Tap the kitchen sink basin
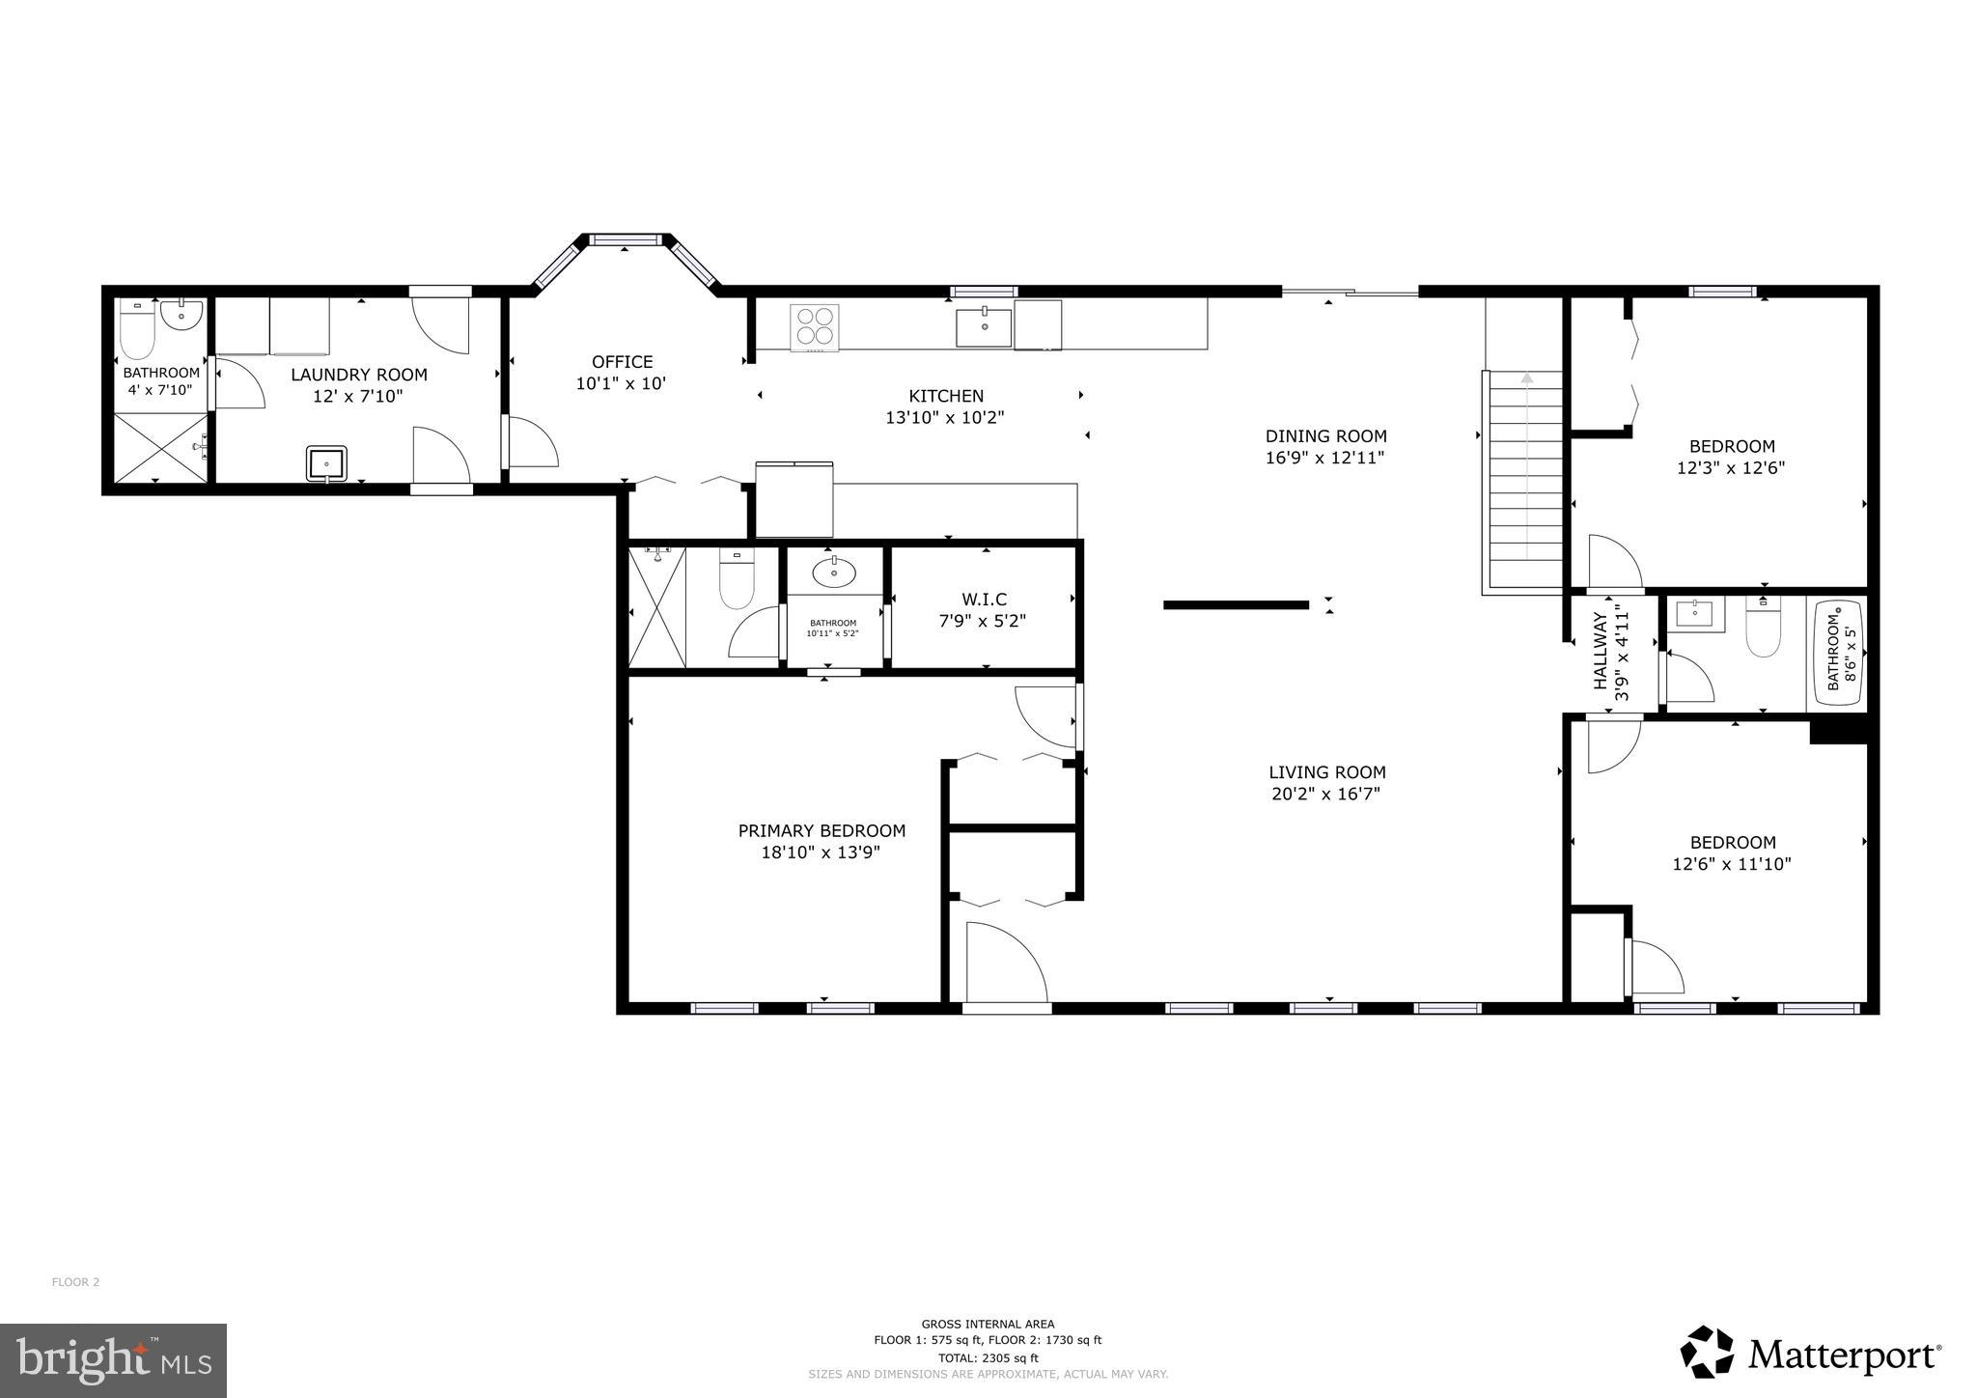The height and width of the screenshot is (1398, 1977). point(984,327)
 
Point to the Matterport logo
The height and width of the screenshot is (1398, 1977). point(1811,1356)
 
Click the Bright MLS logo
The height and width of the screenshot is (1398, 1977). point(113,1360)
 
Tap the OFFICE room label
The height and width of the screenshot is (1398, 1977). point(622,362)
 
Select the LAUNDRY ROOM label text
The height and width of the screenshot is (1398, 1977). point(359,375)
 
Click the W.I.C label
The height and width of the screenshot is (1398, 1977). point(984,600)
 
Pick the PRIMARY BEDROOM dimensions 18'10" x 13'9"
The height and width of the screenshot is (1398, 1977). point(821,853)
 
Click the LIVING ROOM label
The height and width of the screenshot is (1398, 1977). point(1326,772)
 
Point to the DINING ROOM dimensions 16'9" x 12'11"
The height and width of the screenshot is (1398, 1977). point(1325,458)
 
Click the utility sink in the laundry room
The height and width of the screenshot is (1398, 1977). point(327,462)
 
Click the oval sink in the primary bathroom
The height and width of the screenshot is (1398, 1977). point(834,573)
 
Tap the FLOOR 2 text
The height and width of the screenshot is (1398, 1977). point(75,1282)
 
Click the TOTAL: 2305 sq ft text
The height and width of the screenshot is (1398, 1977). point(988,1357)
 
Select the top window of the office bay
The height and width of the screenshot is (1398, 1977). point(625,238)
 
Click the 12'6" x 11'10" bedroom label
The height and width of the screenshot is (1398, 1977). point(1732,843)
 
